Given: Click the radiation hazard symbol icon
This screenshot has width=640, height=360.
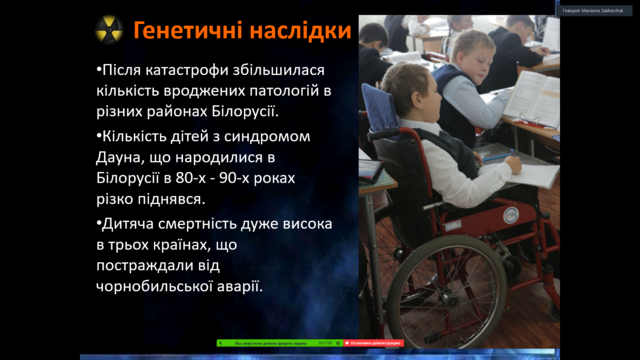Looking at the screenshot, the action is (109, 30).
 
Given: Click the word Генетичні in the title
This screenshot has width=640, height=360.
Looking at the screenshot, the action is (188, 30).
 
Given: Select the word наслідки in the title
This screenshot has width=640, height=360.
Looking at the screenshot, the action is (300, 30).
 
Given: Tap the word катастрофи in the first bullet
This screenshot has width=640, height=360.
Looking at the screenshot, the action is (187, 70).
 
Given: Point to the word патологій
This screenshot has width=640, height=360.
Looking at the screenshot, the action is (284, 91).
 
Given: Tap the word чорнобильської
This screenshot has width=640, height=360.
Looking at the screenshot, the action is (154, 286).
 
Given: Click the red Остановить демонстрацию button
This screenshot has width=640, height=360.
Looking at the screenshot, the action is (373, 343).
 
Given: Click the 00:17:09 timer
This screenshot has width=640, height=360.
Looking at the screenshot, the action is (325, 343).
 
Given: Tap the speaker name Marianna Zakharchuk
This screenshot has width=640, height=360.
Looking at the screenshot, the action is (602, 11).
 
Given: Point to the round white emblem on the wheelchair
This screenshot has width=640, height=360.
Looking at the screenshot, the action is (511, 215).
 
